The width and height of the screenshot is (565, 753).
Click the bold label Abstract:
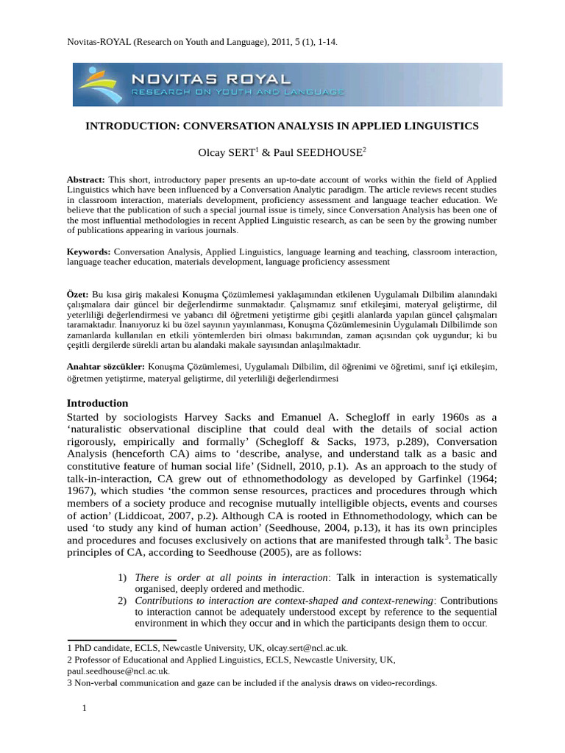86,179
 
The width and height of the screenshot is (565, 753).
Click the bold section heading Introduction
97,403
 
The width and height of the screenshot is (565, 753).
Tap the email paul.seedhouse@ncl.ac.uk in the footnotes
118,671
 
